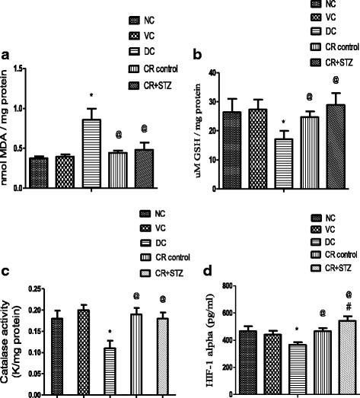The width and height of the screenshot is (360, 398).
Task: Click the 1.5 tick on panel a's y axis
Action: click(x=37, y=70)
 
